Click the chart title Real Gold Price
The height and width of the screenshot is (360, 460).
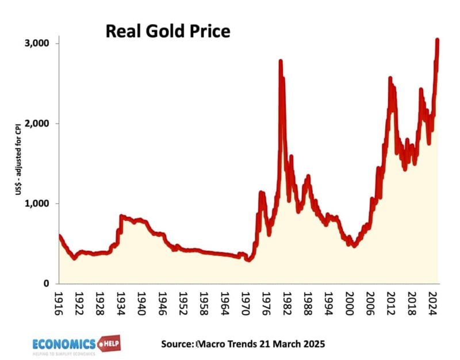point(167,31)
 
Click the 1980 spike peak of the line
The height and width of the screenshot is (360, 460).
point(281,61)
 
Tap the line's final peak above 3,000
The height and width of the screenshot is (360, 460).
point(438,40)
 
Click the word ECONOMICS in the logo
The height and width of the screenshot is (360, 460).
point(64,344)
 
